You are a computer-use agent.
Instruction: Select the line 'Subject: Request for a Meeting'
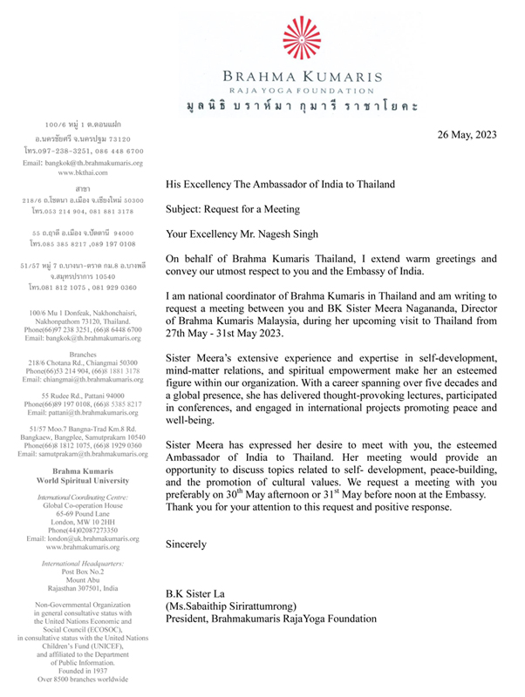click(239, 209)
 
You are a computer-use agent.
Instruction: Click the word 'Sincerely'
click(187, 544)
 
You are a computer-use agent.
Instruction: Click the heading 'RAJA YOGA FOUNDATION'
click(302, 90)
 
